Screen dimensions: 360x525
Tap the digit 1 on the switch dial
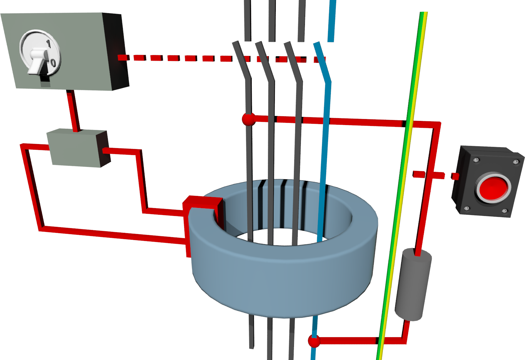[48, 44]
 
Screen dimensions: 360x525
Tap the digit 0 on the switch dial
[53, 63]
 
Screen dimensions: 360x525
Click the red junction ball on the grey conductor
[249, 119]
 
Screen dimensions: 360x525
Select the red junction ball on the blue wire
[314, 341]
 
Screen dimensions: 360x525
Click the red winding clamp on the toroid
[203, 203]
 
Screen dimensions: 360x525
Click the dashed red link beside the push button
[435, 175]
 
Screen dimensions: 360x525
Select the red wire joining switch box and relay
[73, 109]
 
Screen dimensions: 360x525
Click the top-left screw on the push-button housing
[476, 160]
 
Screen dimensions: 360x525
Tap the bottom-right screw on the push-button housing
[504, 212]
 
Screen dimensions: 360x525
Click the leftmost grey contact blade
[242, 62]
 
